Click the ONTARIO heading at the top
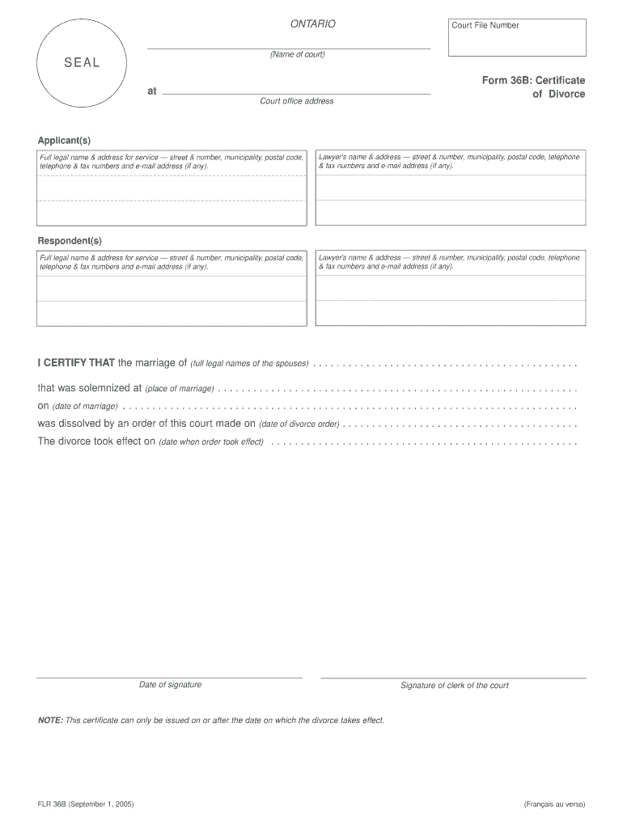coord(312,25)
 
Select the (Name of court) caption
coord(297,55)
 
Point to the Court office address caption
coord(296,101)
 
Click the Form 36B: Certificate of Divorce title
coord(533,87)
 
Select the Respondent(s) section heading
coord(70,241)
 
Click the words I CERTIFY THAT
coord(76,362)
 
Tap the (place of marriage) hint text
coord(179,389)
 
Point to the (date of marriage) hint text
coord(85,406)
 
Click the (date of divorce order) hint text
coord(299,424)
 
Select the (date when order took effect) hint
coord(211,442)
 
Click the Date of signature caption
coord(170,685)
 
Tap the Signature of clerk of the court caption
coord(454,686)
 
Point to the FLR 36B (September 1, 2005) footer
coord(85,805)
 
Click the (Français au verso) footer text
coord(553,805)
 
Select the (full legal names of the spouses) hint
coord(249,363)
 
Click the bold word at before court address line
coord(151,91)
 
